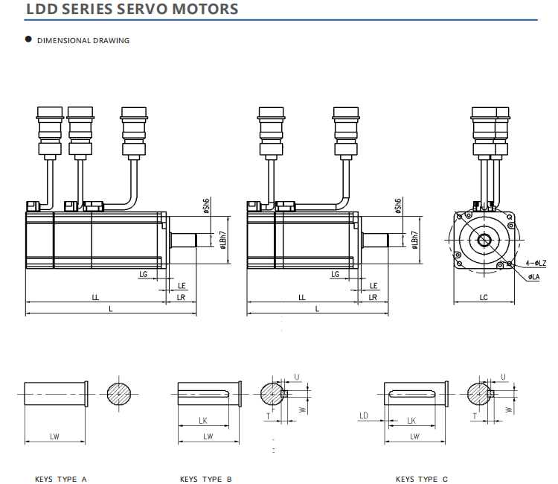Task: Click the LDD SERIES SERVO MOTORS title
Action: [132, 10]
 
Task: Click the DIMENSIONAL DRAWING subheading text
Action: [83, 40]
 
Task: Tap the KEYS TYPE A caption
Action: [61, 479]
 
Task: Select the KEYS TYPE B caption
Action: [206, 479]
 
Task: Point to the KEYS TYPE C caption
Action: [422, 479]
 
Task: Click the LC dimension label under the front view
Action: [484, 297]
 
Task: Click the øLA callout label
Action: [533, 277]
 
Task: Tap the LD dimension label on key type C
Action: [365, 415]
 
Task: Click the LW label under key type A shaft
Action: [55, 436]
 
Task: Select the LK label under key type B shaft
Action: [203, 421]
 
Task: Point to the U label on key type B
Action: [297, 378]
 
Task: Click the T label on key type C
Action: [474, 416]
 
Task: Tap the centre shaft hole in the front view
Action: [484, 239]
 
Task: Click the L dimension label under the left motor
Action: [111, 308]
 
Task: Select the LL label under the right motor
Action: [301, 297]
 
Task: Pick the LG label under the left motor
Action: [143, 274]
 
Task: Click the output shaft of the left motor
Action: [183, 240]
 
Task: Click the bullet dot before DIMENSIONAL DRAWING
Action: [28, 39]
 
